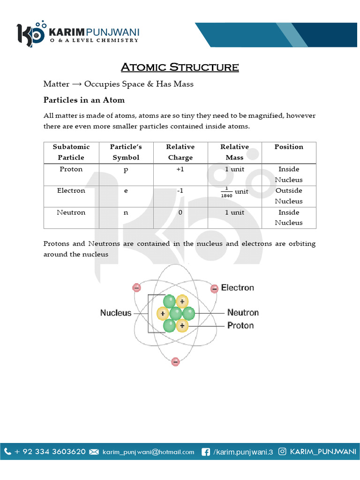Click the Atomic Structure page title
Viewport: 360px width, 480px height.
(x=180, y=67)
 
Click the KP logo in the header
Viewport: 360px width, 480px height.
(x=30, y=34)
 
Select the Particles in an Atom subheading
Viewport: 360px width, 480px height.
(x=84, y=100)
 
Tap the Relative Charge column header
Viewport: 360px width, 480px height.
(x=180, y=152)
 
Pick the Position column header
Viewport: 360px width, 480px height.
(x=289, y=147)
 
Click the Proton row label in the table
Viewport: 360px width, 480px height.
(x=71, y=169)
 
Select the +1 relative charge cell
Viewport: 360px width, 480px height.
(x=180, y=169)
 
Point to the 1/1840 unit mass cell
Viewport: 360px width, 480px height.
(x=234, y=192)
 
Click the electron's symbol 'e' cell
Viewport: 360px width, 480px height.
(x=126, y=191)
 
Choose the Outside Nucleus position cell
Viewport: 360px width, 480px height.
(x=289, y=195)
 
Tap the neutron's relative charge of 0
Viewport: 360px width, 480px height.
(x=180, y=212)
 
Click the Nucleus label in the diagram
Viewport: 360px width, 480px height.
(x=116, y=313)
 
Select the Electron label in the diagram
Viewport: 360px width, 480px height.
(x=237, y=288)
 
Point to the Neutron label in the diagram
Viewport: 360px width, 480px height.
(x=243, y=312)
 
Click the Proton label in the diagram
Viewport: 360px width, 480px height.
(x=240, y=325)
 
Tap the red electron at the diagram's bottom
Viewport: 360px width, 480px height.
(x=175, y=362)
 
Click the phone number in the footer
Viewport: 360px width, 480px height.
(x=50, y=452)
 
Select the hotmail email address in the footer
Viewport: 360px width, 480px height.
(x=148, y=452)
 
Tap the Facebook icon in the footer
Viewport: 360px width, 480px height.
(x=205, y=452)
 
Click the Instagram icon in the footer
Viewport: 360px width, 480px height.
(x=283, y=452)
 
